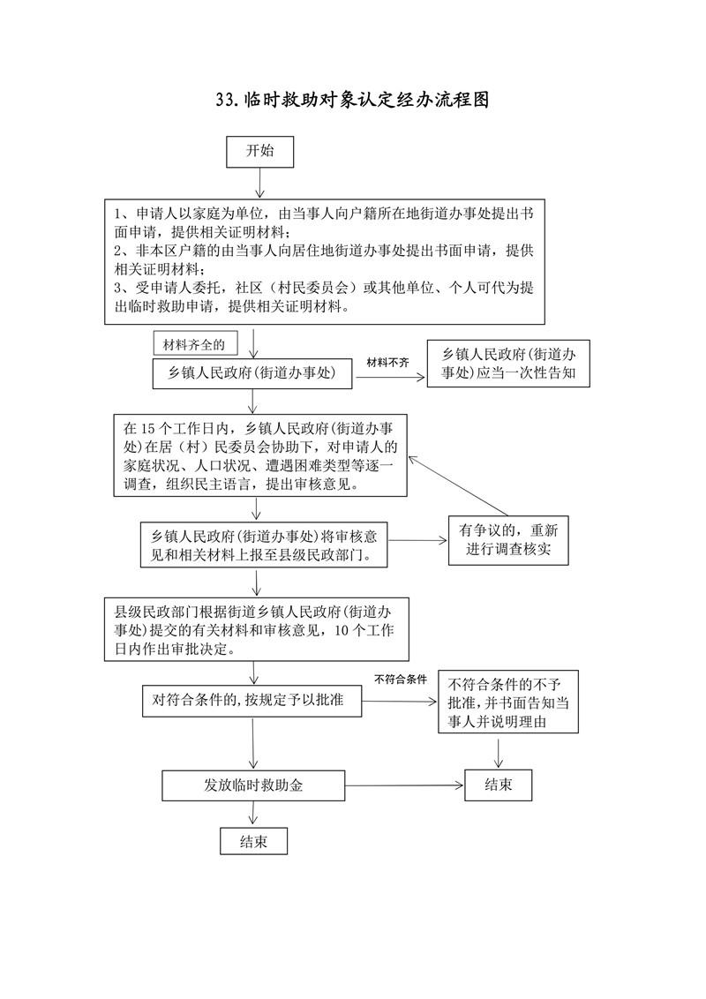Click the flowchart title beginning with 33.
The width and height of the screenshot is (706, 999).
pyautogui.click(x=352, y=101)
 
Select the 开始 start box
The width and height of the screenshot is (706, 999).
pyautogui.click(x=259, y=151)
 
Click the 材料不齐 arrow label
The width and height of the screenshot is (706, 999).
pyautogui.click(x=388, y=362)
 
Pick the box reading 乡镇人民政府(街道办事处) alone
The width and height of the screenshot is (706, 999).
pyautogui.click(x=253, y=373)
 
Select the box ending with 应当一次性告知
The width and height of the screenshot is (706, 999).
pyautogui.click(x=507, y=363)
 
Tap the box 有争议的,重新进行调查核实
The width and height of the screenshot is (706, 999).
pyautogui.click(x=508, y=541)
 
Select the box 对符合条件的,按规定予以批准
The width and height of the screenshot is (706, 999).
pyautogui.click(x=253, y=701)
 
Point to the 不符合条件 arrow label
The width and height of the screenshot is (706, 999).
pyautogui.click(x=401, y=680)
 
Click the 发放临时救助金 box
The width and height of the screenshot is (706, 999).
pyautogui.click(x=253, y=785)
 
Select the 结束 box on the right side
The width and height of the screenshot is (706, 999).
pyautogui.click(x=499, y=785)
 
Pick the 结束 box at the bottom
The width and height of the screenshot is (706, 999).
pyautogui.click(x=253, y=840)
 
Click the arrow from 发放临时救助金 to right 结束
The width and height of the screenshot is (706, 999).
pyautogui.click(x=404, y=785)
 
